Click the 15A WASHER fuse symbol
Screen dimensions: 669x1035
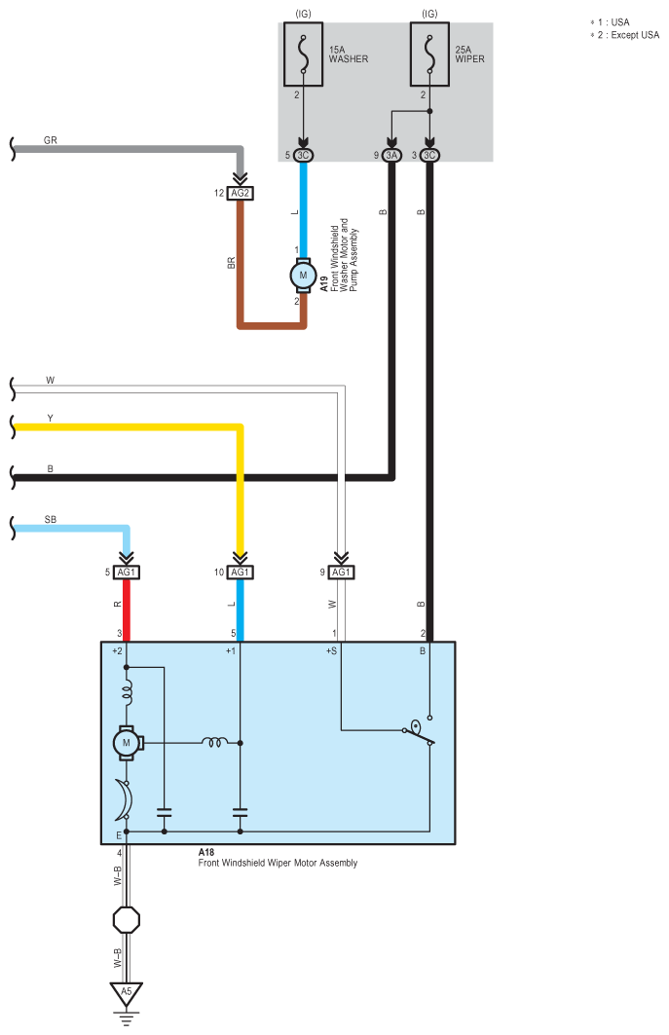point(303,55)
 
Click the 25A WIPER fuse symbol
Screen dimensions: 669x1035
point(429,55)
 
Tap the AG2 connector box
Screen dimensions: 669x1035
point(241,194)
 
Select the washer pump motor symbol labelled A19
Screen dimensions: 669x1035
point(303,275)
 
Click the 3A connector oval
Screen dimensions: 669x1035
point(391,155)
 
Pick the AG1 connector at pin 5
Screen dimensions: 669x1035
point(127,573)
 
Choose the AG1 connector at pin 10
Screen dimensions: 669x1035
point(241,573)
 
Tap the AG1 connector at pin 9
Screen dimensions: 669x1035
point(341,573)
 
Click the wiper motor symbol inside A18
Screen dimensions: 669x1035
point(127,743)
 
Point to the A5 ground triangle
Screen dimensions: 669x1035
point(127,993)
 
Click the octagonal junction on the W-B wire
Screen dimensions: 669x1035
point(127,919)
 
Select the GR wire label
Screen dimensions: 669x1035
point(51,140)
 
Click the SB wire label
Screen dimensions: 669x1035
point(51,520)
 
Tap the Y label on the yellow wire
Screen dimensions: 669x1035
point(51,419)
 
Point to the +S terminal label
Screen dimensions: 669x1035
point(331,650)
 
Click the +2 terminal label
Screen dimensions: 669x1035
point(117,650)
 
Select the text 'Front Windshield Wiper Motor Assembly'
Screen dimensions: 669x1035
point(279,863)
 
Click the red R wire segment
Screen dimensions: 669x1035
point(127,610)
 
